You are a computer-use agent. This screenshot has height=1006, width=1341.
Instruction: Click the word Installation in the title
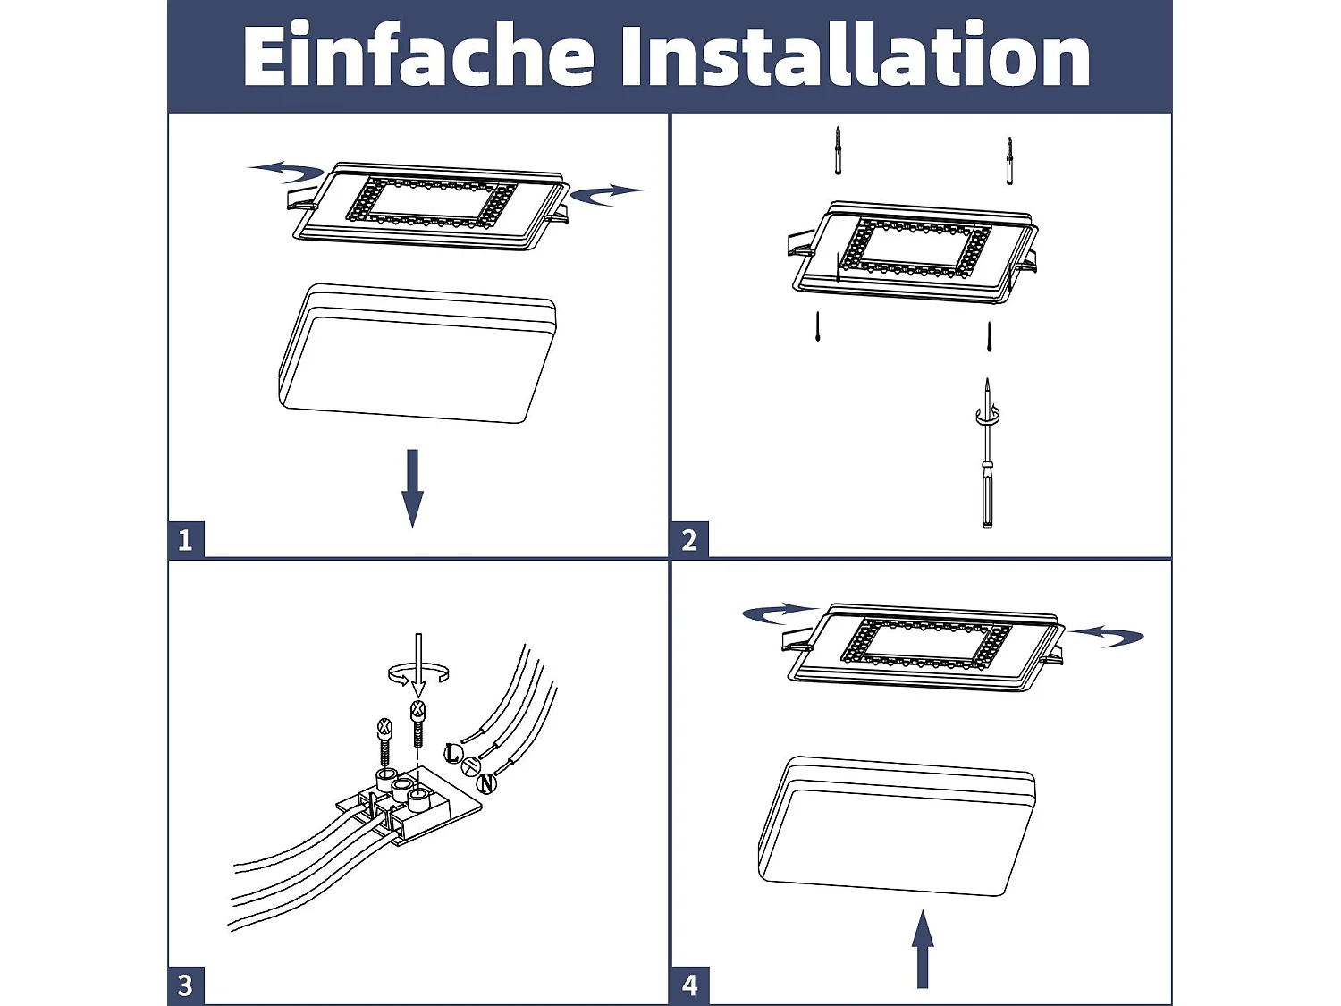pos(856,55)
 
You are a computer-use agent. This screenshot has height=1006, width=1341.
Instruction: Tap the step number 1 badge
pos(186,539)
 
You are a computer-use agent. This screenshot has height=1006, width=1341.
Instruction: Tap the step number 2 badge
pos(690,539)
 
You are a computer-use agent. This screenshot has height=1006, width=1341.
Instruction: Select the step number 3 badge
pos(186,985)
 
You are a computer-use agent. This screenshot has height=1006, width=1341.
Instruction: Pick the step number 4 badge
pos(690,985)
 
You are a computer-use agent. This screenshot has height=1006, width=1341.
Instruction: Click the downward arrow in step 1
pos(412,488)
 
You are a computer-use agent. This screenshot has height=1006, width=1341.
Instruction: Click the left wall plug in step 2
pos(839,151)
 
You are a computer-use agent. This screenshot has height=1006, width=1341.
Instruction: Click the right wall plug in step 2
pos(1009,161)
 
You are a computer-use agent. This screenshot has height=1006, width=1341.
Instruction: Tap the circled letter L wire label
pos(452,753)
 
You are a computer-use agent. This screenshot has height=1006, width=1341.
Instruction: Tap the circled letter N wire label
pos(487,783)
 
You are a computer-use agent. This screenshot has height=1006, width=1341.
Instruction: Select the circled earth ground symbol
pos(470,766)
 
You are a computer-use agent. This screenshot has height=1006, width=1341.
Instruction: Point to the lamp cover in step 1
pos(417,353)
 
